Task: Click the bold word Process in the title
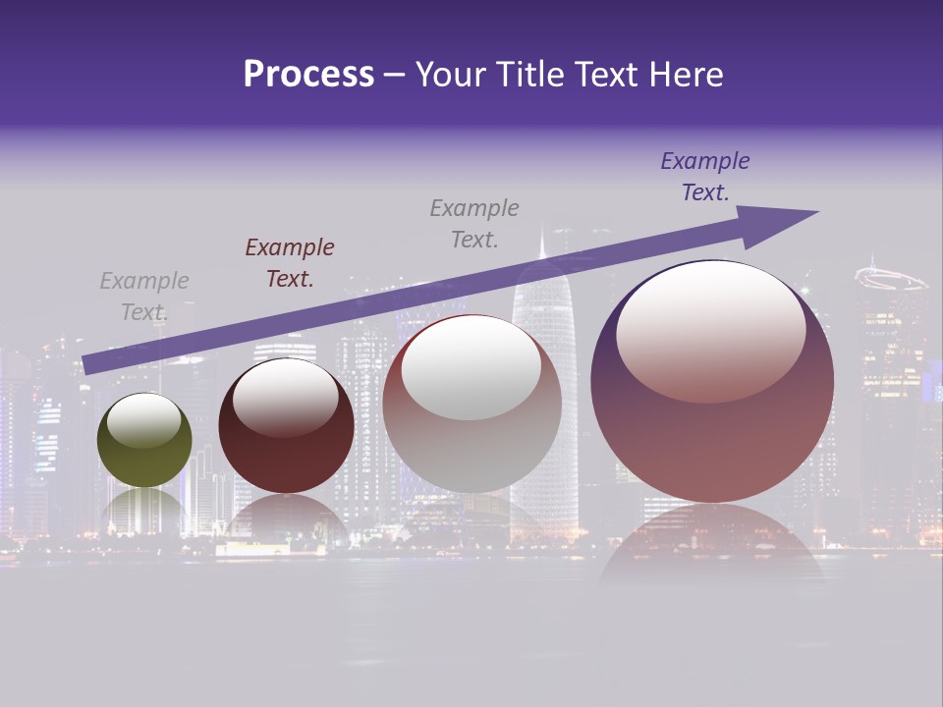pyautogui.click(x=308, y=75)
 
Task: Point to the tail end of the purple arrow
pyautogui.click(x=85, y=365)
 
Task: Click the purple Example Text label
pyautogui.click(x=705, y=177)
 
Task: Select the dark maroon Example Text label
pyautogui.click(x=290, y=263)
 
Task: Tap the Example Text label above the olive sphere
pyautogui.click(x=144, y=297)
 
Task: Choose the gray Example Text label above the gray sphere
pyautogui.click(x=474, y=223)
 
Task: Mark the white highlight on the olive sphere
pyautogui.click(x=143, y=420)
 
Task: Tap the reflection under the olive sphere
pyautogui.click(x=144, y=506)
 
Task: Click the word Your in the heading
pyautogui.click(x=453, y=75)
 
